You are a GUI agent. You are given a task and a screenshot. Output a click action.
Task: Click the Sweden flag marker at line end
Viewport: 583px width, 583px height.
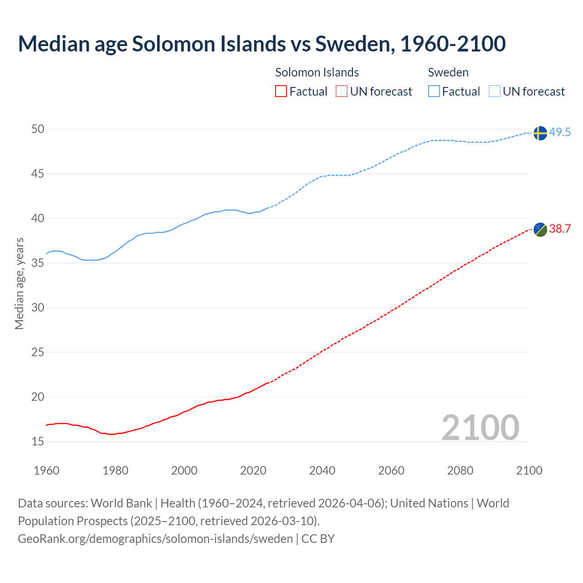[540, 133]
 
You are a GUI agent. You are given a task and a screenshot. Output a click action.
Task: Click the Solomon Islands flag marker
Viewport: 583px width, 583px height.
[540, 230]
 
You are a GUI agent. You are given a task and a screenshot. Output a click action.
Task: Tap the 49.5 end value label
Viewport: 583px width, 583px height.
[560, 133]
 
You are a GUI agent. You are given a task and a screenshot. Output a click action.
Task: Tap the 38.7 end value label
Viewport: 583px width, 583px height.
[560, 229]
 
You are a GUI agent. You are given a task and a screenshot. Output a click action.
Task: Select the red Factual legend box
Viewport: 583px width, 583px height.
[281, 92]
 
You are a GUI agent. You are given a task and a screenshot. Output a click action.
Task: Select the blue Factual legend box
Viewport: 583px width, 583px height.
[434, 92]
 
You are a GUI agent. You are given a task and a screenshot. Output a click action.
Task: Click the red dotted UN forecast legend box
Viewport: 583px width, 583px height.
[342, 92]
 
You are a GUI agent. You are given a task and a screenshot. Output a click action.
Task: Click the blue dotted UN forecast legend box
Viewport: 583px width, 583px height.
[495, 92]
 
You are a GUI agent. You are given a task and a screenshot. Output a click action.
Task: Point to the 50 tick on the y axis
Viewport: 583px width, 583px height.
[38, 129]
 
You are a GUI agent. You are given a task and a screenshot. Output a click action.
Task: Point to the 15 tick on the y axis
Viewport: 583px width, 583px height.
[38, 441]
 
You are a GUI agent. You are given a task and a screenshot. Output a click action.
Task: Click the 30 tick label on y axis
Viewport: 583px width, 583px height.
[38, 308]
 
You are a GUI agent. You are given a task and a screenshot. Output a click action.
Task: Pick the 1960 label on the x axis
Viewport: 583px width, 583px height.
[46, 470]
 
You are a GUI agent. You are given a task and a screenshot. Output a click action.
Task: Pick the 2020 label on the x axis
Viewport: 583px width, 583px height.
[253, 470]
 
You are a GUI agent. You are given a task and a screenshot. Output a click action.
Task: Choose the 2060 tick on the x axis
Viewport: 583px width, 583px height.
[391, 470]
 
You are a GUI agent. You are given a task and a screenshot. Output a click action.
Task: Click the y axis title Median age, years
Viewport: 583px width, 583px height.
[19, 283]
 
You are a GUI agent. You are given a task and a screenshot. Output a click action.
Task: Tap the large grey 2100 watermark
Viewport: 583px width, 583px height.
[480, 427]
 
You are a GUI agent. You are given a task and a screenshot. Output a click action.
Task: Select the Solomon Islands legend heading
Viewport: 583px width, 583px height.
[317, 72]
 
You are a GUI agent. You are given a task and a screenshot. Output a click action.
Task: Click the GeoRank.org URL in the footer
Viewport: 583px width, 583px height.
[155, 539]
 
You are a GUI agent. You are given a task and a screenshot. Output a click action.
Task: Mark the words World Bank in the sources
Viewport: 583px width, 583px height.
[121, 503]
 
